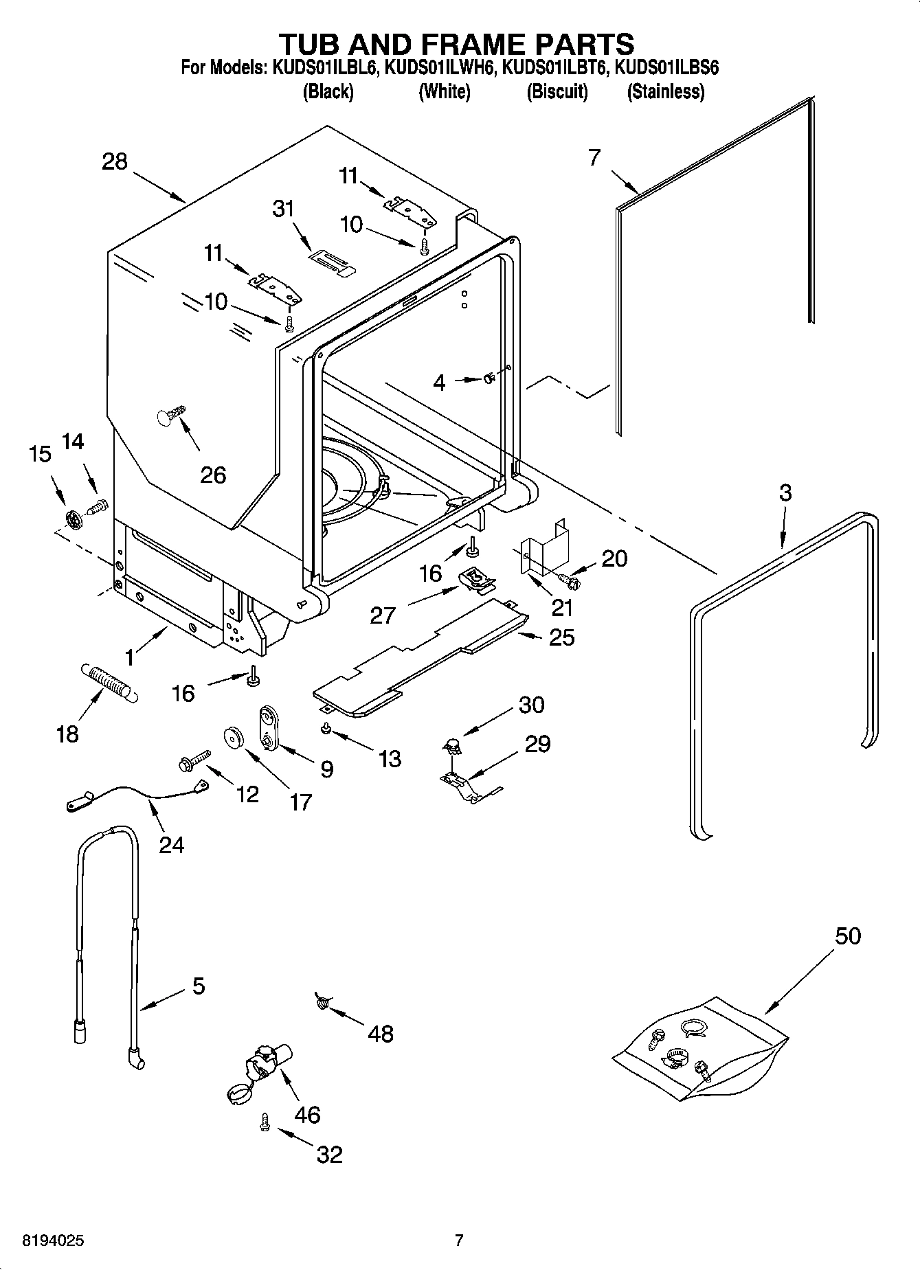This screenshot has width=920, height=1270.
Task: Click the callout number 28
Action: tap(115, 162)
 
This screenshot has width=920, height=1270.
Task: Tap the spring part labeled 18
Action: tap(111, 682)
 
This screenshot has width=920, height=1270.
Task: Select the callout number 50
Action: tap(847, 936)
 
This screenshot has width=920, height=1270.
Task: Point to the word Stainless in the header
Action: tap(665, 91)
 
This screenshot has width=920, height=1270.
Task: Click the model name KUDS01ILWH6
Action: tap(439, 67)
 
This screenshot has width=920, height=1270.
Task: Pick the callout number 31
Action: tap(283, 208)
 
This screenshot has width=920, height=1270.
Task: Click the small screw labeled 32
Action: tap(264, 1122)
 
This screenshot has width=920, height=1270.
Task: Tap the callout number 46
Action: tap(307, 1114)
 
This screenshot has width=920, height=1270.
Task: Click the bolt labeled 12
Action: tap(193, 760)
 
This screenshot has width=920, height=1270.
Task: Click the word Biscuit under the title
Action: tap(557, 91)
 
